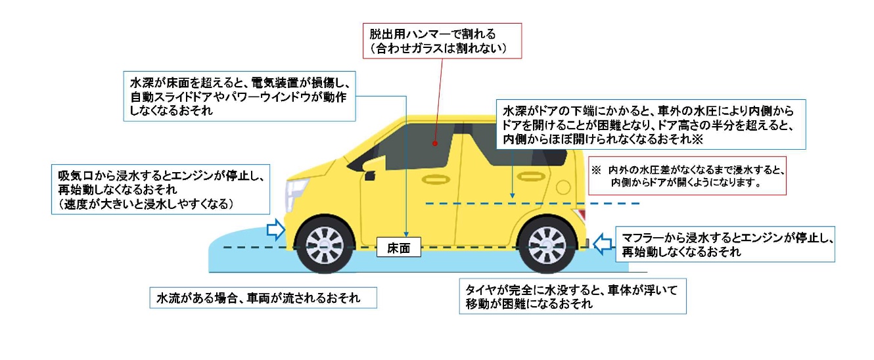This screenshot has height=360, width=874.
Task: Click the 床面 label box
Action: tap(399, 249)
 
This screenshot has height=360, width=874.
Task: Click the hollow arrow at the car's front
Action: tap(275, 229)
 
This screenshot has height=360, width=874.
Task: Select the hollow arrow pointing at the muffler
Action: tap(601, 244)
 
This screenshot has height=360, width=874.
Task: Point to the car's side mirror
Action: tap(368, 175)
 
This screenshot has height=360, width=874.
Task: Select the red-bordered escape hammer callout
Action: tap(442, 41)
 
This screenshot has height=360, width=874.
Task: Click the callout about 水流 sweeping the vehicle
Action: tap(264, 298)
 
